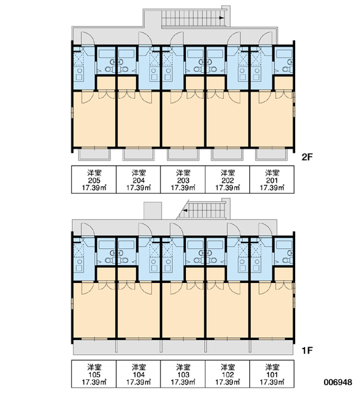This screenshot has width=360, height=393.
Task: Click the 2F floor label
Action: pyautogui.click(x=307, y=157)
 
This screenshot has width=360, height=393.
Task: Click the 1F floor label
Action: pyautogui.click(x=307, y=350)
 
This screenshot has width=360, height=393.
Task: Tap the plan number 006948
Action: pyautogui.click(x=338, y=383)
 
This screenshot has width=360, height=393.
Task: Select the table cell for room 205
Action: pyautogui.click(x=94, y=179)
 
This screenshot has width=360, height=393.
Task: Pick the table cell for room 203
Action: pyautogui.click(x=183, y=179)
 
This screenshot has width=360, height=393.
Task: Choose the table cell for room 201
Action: pyautogui.click(x=272, y=179)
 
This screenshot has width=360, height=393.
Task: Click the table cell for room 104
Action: pyautogui.click(x=139, y=374)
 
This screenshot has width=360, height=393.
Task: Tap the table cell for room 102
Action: pyautogui.click(x=228, y=374)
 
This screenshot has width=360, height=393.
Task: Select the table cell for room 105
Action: pyautogui.click(x=94, y=374)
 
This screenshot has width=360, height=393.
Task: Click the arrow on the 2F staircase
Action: pyautogui.click(x=221, y=18)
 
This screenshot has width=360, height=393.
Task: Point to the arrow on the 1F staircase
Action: pyautogui.click(x=185, y=210)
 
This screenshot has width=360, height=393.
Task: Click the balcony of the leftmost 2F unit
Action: pyautogui.click(x=95, y=154)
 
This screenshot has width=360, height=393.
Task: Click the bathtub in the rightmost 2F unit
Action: pyautogui.click(x=284, y=54)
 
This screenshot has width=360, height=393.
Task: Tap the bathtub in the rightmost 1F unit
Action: pyautogui.click(x=284, y=244)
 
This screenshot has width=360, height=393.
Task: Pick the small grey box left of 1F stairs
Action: pyautogui.click(x=153, y=210)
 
